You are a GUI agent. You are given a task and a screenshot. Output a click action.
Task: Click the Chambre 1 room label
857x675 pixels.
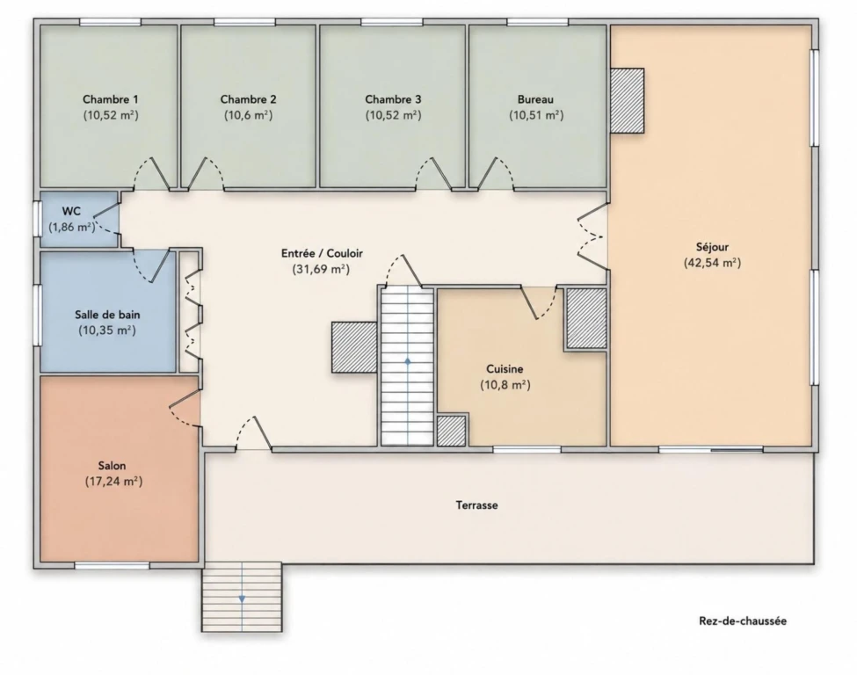pyautogui.click(x=111, y=99)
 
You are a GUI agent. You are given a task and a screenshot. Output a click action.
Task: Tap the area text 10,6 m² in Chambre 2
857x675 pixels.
pyautogui.click(x=248, y=115)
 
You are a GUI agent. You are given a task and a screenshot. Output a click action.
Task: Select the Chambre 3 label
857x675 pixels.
pyautogui.click(x=393, y=99)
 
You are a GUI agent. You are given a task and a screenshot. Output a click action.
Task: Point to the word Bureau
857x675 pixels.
pyautogui.click(x=535, y=99)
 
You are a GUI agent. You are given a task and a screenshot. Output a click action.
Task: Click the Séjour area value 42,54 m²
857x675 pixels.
pyautogui.click(x=712, y=263)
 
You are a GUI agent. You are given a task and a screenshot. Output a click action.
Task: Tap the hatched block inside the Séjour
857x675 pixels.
pyautogui.click(x=627, y=100)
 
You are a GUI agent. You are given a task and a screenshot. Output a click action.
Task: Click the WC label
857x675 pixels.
pyautogui.click(x=71, y=211)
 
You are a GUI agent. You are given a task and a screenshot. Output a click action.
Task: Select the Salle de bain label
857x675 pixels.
pyautogui.click(x=107, y=315)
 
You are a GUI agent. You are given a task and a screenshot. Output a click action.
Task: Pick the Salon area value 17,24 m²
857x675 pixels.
pyautogui.click(x=113, y=482)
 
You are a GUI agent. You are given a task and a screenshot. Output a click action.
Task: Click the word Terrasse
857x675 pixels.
pyautogui.click(x=476, y=505)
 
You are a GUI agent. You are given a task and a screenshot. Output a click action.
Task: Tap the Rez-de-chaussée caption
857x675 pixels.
pyautogui.click(x=743, y=621)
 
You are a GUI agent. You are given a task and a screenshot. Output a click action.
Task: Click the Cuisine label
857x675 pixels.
pyautogui.click(x=505, y=369)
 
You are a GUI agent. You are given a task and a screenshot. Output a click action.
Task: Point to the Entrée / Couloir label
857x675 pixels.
pyautogui.click(x=322, y=254)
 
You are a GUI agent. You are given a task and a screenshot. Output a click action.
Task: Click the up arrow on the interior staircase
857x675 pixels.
pyautogui.click(x=408, y=361)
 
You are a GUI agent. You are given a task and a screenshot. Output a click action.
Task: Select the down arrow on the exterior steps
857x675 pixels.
pyautogui.click(x=242, y=599)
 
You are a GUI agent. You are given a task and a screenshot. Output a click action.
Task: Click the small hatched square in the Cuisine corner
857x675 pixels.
pyautogui.click(x=452, y=431)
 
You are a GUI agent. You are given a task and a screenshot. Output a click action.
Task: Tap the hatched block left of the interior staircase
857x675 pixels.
pyautogui.click(x=354, y=348)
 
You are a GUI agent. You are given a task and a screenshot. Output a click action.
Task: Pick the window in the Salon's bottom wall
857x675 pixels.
pyautogui.click(x=112, y=565)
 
